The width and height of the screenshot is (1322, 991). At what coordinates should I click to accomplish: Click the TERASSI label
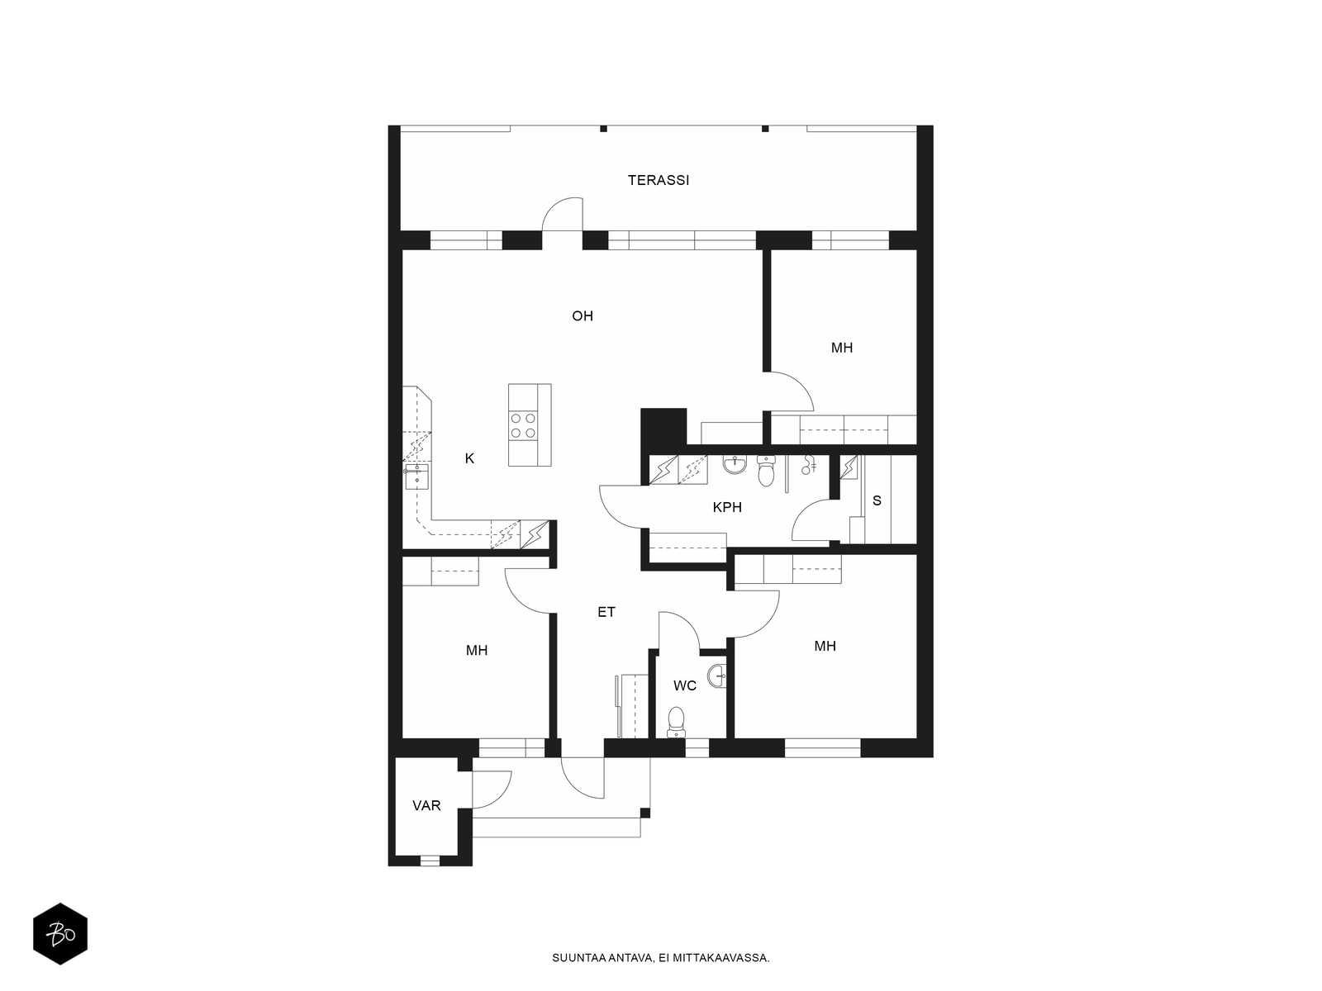[659, 180]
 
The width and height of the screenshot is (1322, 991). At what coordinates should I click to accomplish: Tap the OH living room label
[583, 316]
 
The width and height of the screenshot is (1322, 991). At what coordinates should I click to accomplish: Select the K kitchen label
[469, 458]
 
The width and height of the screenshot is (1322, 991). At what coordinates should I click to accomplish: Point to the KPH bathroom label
[727, 507]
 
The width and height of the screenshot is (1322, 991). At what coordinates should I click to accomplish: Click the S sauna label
[877, 500]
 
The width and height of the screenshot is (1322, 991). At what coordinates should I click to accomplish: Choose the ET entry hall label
[606, 612]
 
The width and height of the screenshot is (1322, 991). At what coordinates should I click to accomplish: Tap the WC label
[685, 685]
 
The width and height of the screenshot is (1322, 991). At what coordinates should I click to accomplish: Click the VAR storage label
[426, 805]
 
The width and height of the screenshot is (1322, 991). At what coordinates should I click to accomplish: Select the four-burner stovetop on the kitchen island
[523, 424]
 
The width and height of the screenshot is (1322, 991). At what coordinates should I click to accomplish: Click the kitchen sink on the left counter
[416, 476]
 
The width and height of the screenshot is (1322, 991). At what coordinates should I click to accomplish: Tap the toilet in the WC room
[677, 722]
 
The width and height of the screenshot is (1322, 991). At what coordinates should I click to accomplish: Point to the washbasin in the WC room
[717, 676]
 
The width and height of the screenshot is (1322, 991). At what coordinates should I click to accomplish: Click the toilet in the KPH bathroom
[766, 471]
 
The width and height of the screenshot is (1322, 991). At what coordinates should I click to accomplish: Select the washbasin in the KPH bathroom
[735, 464]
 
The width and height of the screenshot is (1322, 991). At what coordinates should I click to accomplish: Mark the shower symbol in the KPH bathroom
[810, 464]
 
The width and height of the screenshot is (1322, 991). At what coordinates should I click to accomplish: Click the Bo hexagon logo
[60, 934]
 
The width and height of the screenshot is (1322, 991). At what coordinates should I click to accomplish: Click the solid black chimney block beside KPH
[663, 427]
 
